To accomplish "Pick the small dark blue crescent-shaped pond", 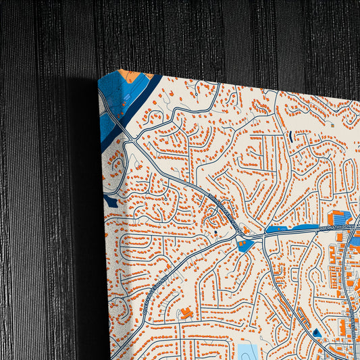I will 291,136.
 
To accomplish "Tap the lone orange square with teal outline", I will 332,125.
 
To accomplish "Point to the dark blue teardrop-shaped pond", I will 316,332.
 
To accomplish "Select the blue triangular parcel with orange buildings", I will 246,245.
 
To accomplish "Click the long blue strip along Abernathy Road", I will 292,229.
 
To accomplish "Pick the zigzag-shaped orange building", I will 186,312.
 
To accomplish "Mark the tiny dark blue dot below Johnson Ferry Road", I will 215,233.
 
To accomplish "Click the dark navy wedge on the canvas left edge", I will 111,201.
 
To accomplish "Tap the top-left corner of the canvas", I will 99,76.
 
